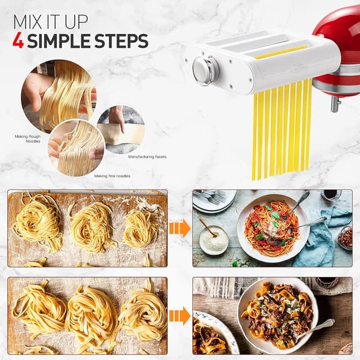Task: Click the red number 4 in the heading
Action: tap(18, 41)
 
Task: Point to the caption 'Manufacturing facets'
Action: tap(147, 156)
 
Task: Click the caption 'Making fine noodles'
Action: tap(112, 176)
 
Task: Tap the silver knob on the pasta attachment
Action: tap(204, 70)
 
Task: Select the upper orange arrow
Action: tap(179, 228)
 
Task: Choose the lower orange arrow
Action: tap(179, 316)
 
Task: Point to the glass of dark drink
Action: tap(331, 195)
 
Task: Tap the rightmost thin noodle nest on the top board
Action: tap(141, 227)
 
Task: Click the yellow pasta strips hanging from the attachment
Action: tap(281, 129)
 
